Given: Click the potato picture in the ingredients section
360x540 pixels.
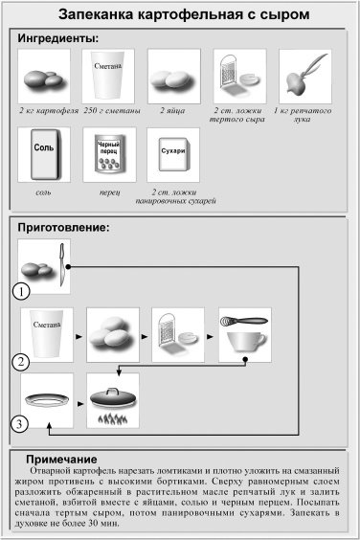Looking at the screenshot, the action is [x=44, y=77].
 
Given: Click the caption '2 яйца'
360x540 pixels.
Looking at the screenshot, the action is [x=174, y=111].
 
